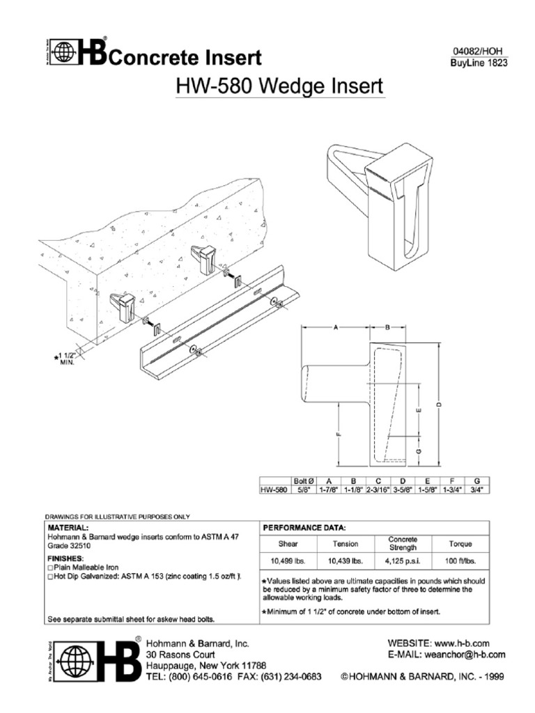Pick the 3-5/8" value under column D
[403, 489]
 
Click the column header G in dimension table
[476, 480]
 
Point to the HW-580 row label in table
[274, 489]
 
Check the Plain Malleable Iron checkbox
[49, 567]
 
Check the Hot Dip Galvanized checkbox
[49, 577]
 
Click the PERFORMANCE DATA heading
[300, 528]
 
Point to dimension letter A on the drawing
[336, 327]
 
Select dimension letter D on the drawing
[439, 405]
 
